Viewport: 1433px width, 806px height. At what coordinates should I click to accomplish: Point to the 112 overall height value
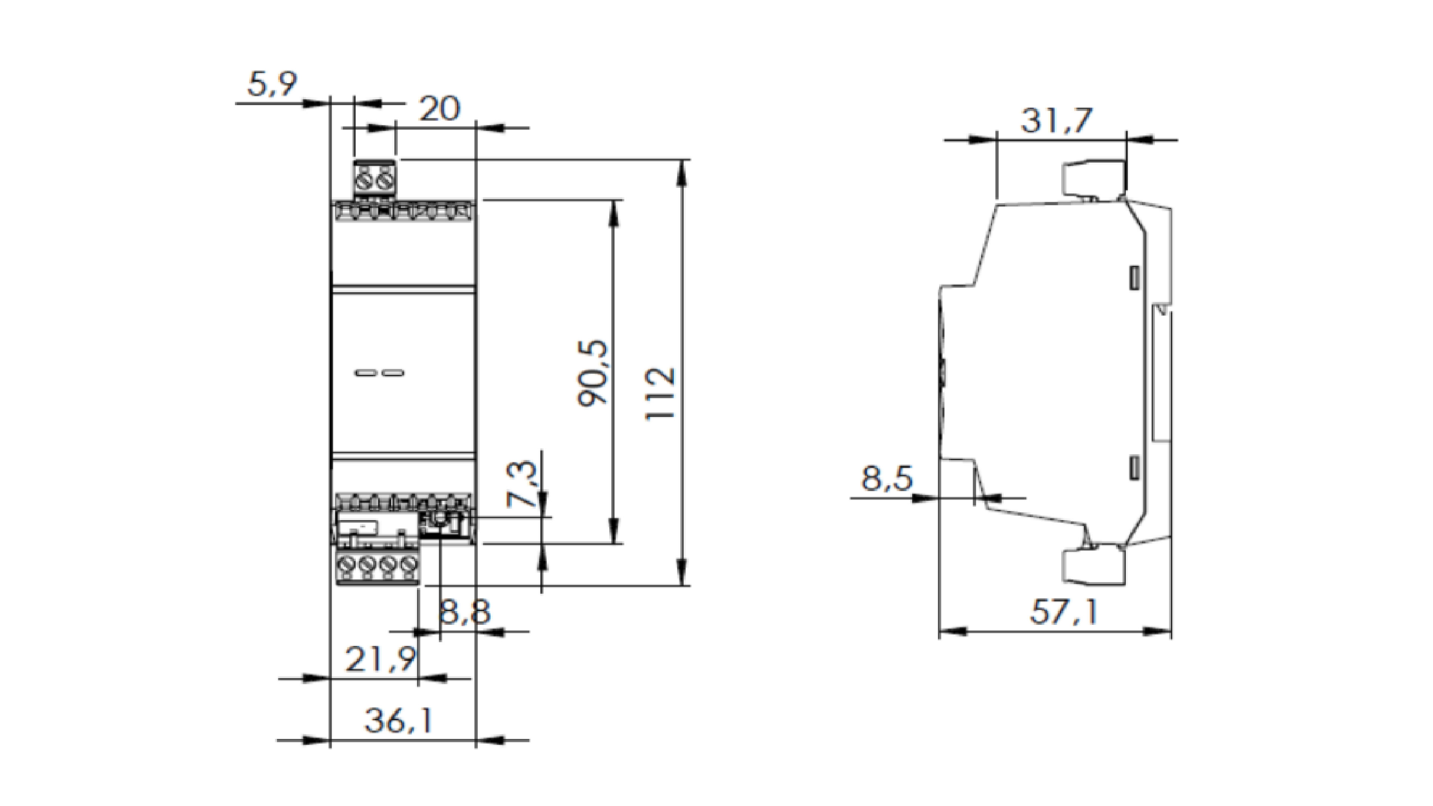tap(661, 393)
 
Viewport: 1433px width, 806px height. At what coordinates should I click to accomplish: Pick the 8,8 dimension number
tap(465, 612)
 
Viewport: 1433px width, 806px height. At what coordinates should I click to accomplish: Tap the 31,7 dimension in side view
tap(1057, 121)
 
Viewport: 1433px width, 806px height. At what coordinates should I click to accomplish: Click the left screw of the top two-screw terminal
tap(366, 180)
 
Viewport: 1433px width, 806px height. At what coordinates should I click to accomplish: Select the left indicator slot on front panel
tap(365, 373)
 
